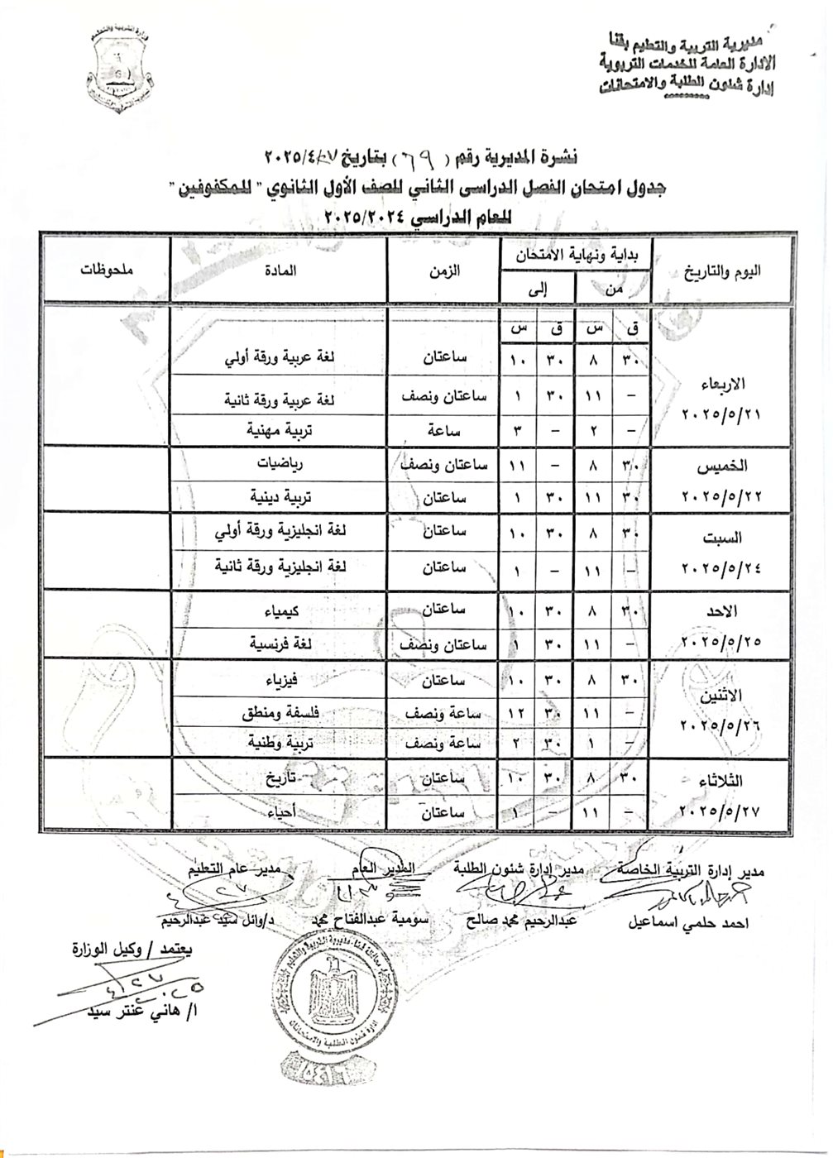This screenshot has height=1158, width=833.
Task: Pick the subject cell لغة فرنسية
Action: coord(265,642)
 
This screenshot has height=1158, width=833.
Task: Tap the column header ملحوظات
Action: coord(108,270)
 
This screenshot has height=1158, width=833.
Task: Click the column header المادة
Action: coord(280,270)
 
